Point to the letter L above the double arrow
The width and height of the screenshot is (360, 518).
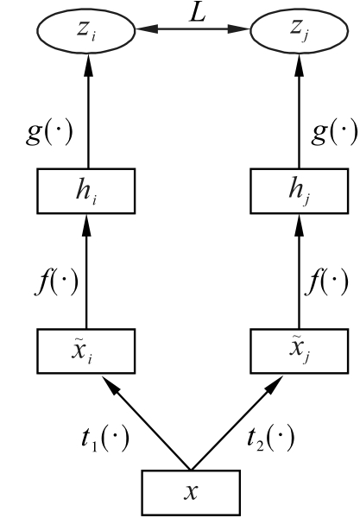coord(198,14)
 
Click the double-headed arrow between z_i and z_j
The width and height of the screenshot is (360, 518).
coord(193,29)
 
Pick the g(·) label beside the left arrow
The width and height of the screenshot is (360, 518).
coord(49,133)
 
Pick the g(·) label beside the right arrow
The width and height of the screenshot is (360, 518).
coord(334,133)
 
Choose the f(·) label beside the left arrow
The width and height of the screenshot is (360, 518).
coord(57,282)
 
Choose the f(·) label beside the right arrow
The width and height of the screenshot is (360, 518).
coord(326,282)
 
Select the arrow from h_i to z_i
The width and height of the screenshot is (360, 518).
coord(88,111)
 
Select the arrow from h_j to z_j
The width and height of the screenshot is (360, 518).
coord(300,111)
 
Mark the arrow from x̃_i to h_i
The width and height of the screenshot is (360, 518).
coord(86,271)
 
